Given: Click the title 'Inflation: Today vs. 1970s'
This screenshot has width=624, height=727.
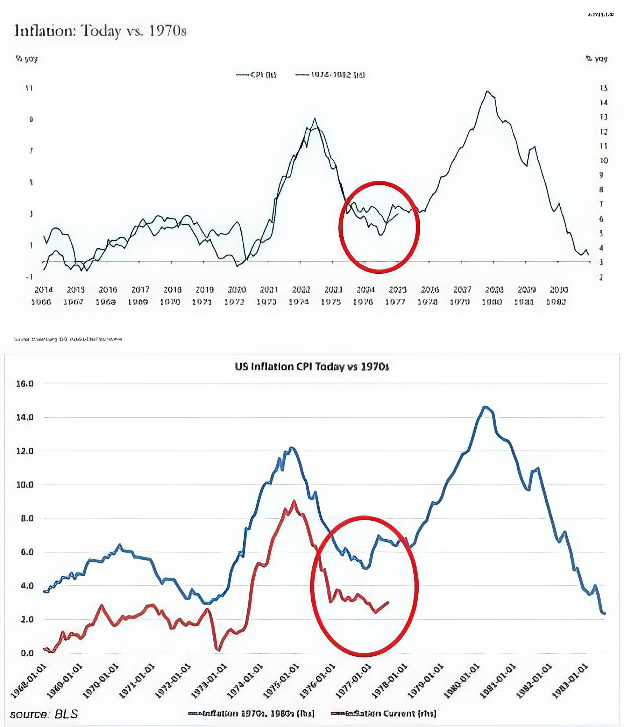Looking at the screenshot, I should coord(100,31).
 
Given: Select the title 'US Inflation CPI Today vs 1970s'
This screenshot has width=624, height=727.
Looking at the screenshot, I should coord(312,367).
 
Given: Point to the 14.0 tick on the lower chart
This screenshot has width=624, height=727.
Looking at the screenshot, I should coord(24,417).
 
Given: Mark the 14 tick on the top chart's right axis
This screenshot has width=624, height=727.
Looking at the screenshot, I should coord(603,102).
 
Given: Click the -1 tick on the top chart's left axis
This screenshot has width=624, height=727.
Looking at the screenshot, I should coord(29,277).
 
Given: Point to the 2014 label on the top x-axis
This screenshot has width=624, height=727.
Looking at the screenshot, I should coord(43,290).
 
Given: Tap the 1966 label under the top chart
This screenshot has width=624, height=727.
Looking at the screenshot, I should coord(41,302).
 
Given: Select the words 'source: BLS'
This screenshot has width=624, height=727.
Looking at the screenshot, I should coord(44,714).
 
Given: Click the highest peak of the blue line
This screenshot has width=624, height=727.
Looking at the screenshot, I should coord(484,406).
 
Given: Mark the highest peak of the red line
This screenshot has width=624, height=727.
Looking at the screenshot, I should coord(294,502).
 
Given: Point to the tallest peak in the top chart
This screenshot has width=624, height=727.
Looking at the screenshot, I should coord(487,92).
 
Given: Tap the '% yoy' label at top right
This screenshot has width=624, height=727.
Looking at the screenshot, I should coord(597,59).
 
